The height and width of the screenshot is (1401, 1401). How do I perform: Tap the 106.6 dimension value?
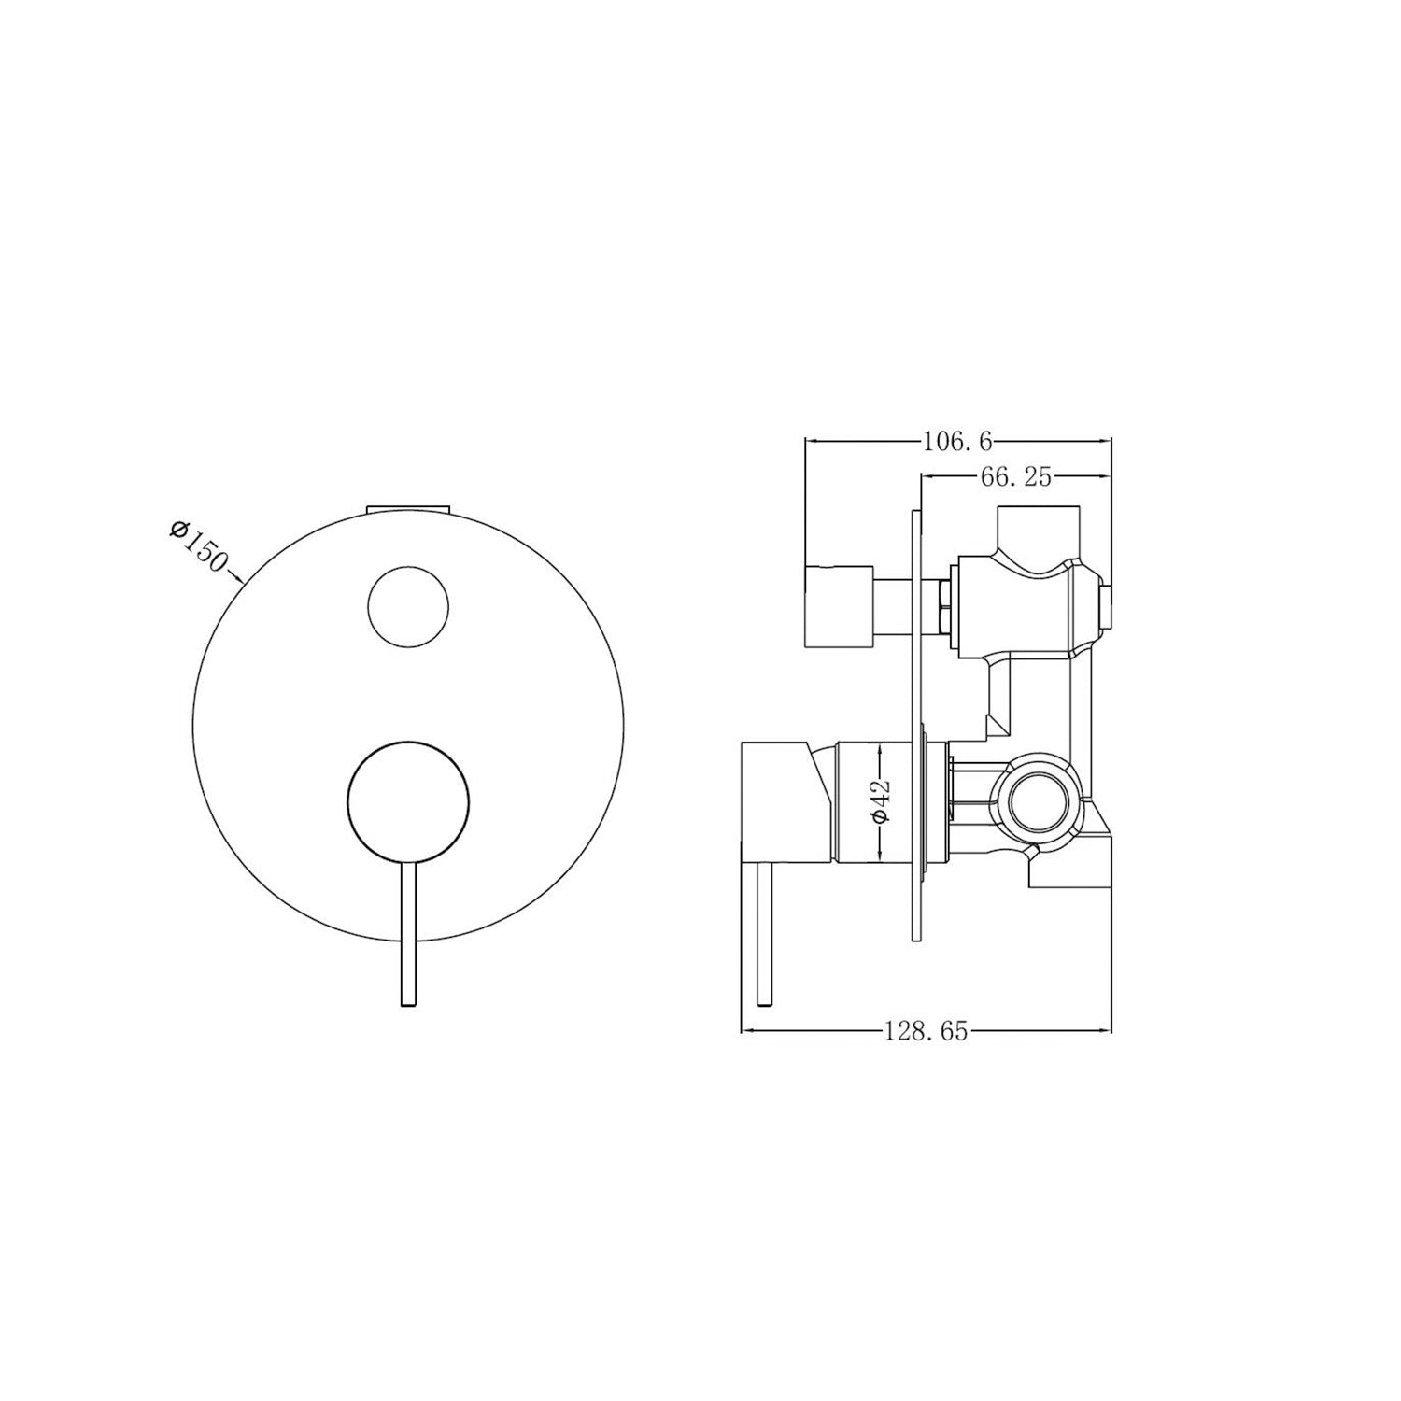click(956, 441)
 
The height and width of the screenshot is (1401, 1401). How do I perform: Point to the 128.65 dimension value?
click(926, 1032)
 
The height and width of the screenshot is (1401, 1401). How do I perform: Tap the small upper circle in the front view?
click(410, 605)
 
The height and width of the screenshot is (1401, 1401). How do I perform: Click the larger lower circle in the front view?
click(408, 796)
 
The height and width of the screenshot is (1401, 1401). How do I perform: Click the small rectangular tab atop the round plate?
click(409, 508)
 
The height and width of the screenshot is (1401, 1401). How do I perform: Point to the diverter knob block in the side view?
click(839, 606)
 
